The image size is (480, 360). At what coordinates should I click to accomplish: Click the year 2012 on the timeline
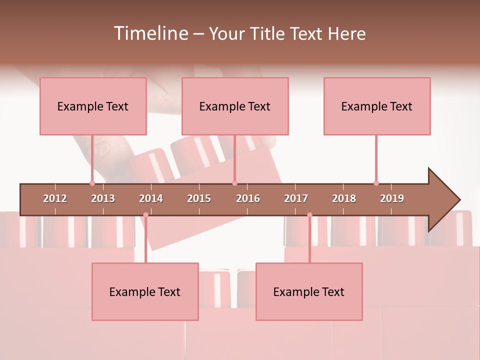point(55,198)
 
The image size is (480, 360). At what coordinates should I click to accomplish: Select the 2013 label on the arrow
point(103,198)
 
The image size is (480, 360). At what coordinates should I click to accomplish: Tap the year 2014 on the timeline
point(151,198)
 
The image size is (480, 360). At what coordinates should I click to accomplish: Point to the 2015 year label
point(199,198)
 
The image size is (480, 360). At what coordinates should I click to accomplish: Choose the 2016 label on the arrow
point(248,198)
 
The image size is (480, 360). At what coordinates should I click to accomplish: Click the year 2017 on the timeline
point(296,198)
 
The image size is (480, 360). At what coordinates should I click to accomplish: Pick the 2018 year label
point(344,198)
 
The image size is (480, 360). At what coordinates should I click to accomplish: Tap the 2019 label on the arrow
point(392,198)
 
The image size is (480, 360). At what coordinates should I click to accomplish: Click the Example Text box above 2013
point(93,106)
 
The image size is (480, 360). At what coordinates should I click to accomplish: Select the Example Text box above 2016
point(235,106)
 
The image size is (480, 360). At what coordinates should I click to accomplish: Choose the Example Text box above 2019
point(377,106)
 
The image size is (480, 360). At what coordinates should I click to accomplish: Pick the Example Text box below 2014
point(145,291)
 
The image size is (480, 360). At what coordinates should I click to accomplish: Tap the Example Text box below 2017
point(309,291)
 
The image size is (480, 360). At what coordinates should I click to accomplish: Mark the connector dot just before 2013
point(92,183)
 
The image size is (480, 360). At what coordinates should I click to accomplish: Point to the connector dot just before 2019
point(376,183)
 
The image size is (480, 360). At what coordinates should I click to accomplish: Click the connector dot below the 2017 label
point(309,215)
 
